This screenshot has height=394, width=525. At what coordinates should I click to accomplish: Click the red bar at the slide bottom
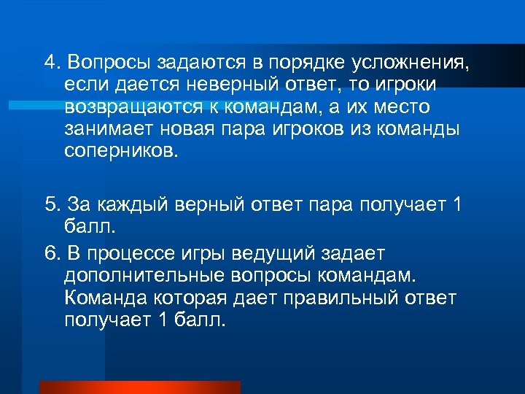tap(139, 387)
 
